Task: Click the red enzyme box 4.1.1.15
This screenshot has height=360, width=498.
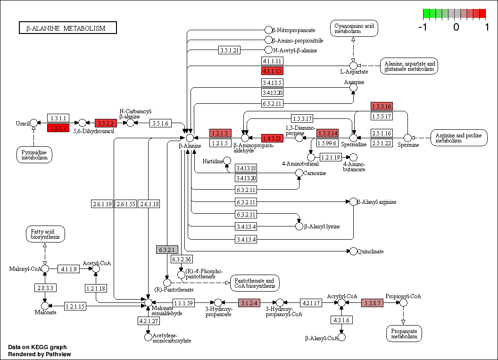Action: [x=272, y=71]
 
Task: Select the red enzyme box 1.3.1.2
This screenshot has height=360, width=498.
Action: [x=58, y=127]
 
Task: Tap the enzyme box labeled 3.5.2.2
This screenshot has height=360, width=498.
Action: [x=106, y=123]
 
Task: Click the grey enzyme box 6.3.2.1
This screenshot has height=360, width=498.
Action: [x=167, y=250]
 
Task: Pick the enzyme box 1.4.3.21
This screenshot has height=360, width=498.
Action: [x=272, y=138]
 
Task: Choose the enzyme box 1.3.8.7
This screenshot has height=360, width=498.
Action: [x=372, y=302]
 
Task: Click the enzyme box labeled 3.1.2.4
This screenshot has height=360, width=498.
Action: [x=249, y=302]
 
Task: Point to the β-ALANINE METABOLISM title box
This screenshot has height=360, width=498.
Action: [x=67, y=28]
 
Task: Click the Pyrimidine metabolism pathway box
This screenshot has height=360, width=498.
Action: [x=34, y=154]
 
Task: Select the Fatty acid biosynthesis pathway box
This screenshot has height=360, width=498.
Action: [x=45, y=234]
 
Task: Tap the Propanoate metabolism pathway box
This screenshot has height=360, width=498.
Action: [x=403, y=333]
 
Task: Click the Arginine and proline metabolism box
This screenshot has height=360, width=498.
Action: [x=458, y=138]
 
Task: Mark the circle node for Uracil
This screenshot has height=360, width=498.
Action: [x=33, y=123]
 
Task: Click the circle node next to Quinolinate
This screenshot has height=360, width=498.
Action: [x=353, y=251]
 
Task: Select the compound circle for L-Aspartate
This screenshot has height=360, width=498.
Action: [x=353, y=65]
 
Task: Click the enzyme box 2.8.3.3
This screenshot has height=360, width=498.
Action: [x=45, y=287]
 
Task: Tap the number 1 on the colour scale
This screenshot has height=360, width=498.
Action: [x=487, y=27]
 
